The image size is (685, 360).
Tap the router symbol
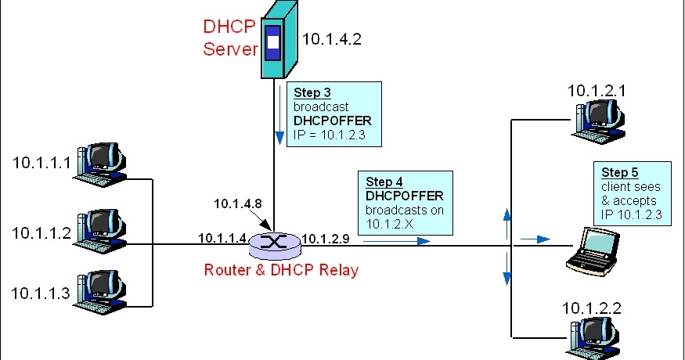coord(274,243)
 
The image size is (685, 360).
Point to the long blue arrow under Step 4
coord(395,241)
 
